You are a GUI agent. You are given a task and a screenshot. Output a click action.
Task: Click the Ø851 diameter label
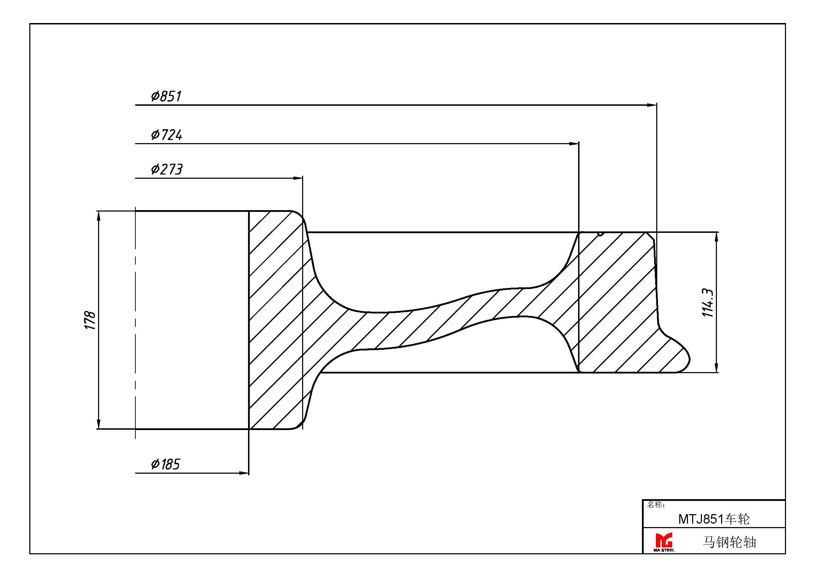(166, 96)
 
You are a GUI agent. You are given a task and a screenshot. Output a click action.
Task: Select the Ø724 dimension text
(167, 135)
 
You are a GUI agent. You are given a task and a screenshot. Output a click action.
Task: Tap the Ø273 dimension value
(167, 169)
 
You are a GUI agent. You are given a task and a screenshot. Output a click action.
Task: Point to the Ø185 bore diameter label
(166, 464)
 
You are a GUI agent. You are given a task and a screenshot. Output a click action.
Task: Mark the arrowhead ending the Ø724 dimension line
(574, 143)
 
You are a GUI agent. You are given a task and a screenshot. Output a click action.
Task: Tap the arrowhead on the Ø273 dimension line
(298, 178)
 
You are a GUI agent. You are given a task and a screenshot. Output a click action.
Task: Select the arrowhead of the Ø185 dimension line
(244, 473)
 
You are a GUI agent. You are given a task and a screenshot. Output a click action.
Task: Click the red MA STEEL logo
(664, 542)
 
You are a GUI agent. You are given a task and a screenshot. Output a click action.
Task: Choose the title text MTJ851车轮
(714, 519)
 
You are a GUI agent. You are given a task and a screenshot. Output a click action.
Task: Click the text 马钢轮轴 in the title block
(729, 542)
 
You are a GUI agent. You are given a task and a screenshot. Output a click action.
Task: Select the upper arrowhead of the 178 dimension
(99, 216)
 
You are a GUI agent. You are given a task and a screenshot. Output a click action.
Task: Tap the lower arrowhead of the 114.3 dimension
(717, 368)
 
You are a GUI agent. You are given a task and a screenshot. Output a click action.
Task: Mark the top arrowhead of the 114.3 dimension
(717, 237)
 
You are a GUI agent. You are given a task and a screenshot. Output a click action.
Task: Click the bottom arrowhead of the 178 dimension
(99, 424)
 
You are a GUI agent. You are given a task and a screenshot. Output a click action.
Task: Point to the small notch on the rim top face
(601, 234)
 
